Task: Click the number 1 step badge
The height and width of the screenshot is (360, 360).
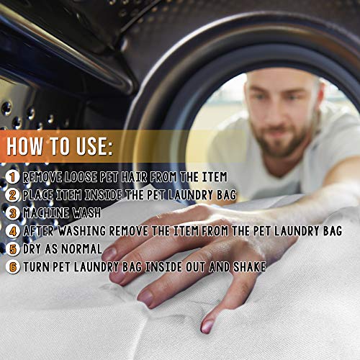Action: (x=12, y=177)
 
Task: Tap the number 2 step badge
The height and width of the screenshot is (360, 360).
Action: (x=12, y=195)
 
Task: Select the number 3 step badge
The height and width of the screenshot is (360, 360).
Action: (x=12, y=213)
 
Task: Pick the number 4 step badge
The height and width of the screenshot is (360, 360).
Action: (x=12, y=231)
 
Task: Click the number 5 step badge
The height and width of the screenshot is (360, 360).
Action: (x=12, y=249)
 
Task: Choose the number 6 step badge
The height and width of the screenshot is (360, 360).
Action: (x=12, y=267)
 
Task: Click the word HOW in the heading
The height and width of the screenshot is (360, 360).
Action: (x=24, y=146)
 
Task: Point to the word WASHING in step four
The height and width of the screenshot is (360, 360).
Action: (x=82, y=231)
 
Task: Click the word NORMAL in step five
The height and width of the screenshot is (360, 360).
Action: (x=82, y=249)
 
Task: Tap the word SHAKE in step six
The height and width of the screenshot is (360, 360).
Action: (x=250, y=267)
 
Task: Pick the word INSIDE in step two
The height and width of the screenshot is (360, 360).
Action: (x=103, y=195)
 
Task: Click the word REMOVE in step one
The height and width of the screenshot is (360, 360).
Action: (x=42, y=177)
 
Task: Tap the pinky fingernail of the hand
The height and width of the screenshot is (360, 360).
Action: (x=207, y=326)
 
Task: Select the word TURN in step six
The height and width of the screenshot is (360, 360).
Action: (x=36, y=267)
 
